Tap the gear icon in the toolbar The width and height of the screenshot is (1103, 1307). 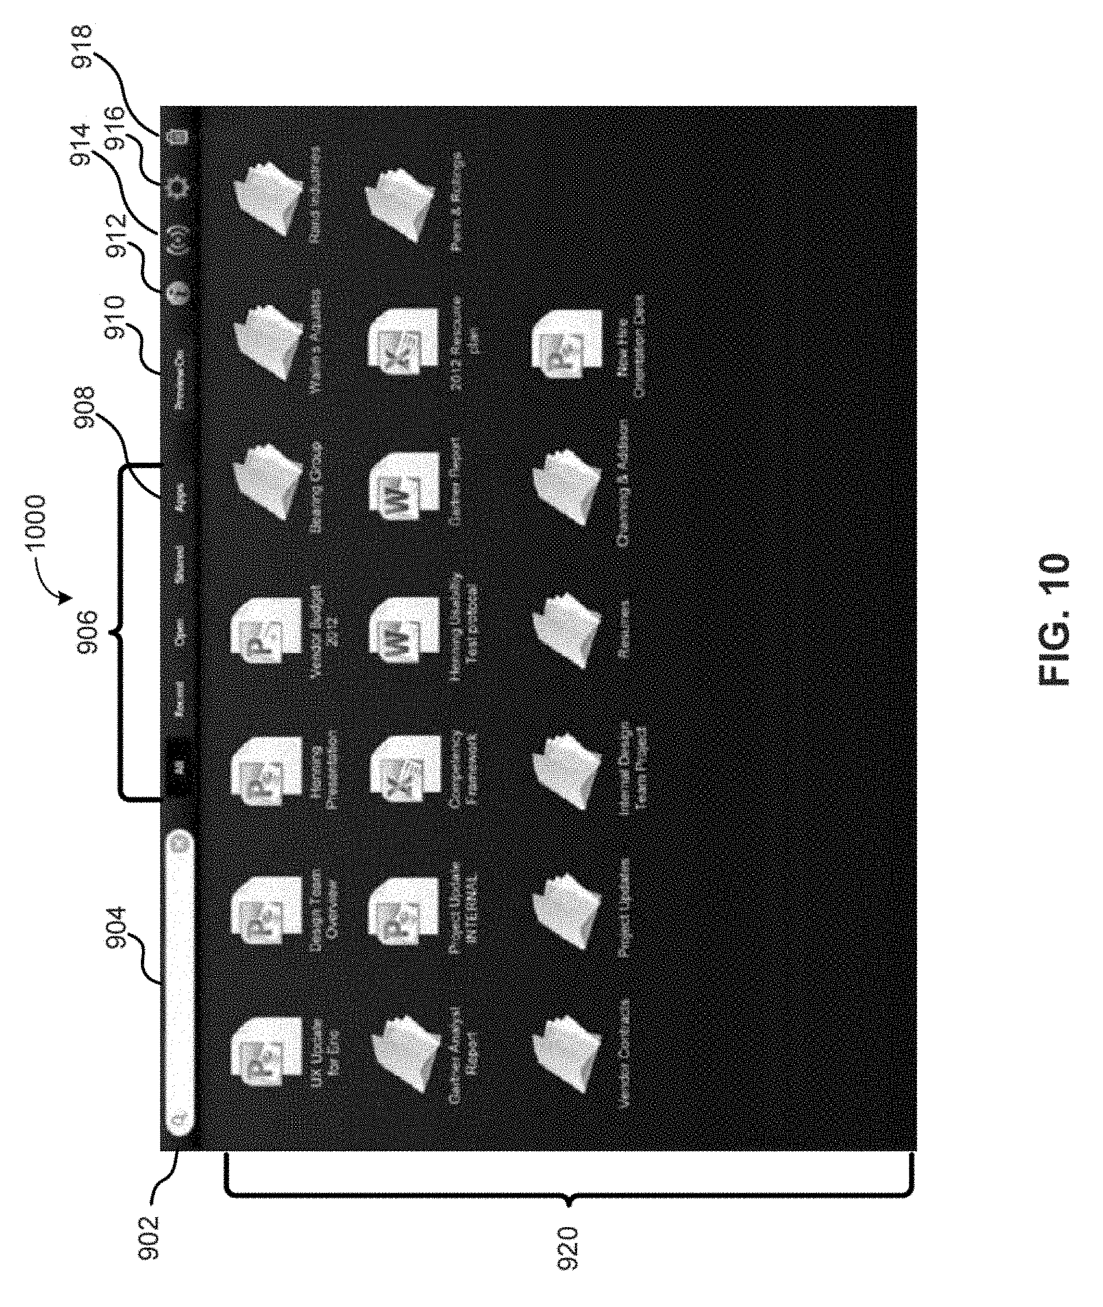click(x=179, y=185)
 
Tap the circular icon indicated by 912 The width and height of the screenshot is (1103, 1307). click(x=179, y=289)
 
